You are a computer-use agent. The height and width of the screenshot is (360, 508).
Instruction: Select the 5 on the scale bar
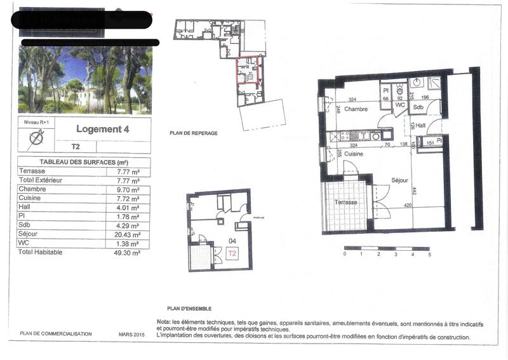coord(430,254)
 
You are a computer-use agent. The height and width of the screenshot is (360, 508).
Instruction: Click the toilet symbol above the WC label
coord(399,90)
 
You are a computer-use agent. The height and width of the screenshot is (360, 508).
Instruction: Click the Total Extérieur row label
coord(43,180)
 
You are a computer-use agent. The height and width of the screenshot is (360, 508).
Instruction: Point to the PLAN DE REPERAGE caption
coord(194,133)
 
